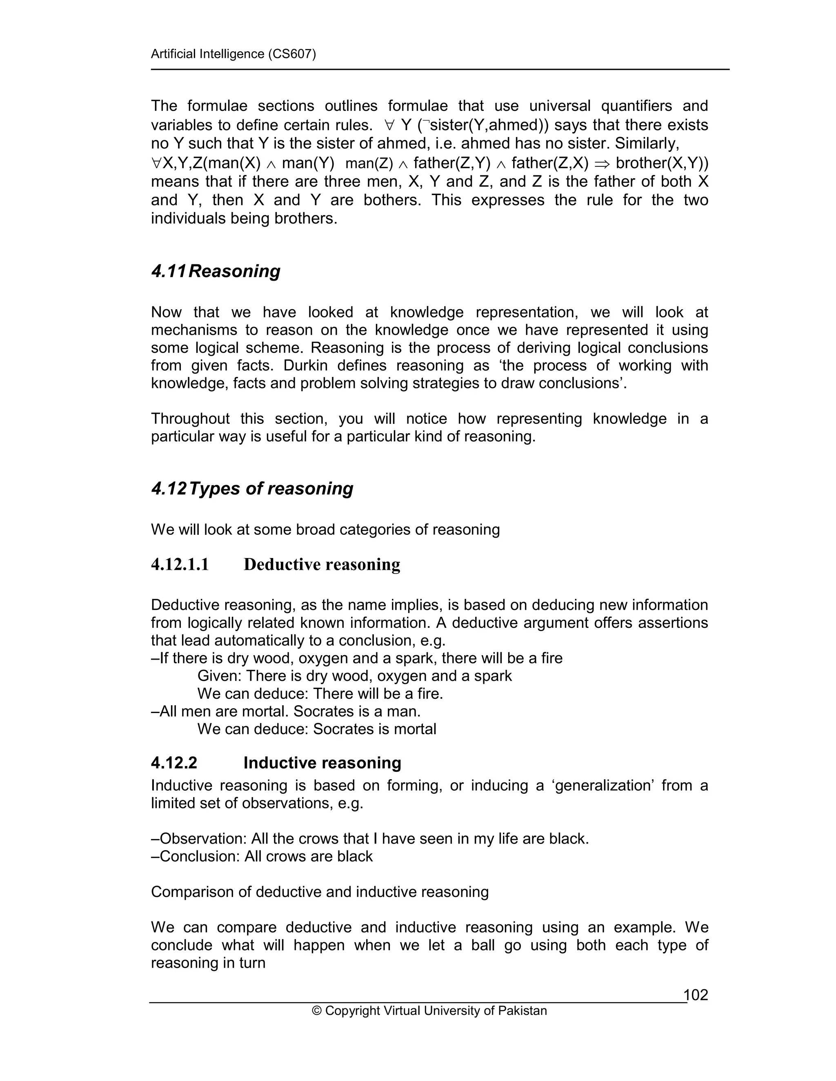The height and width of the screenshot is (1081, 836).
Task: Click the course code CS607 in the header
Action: coord(291,53)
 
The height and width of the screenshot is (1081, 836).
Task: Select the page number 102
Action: coord(696,995)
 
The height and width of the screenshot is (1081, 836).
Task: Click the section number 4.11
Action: coord(169,271)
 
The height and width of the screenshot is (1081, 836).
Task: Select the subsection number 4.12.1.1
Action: coord(180,564)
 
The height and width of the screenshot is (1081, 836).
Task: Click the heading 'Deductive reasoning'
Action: coord(322,564)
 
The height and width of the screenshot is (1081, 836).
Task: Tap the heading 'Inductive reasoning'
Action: coord(322,763)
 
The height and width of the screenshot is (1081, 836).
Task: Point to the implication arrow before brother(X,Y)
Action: coord(602,163)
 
